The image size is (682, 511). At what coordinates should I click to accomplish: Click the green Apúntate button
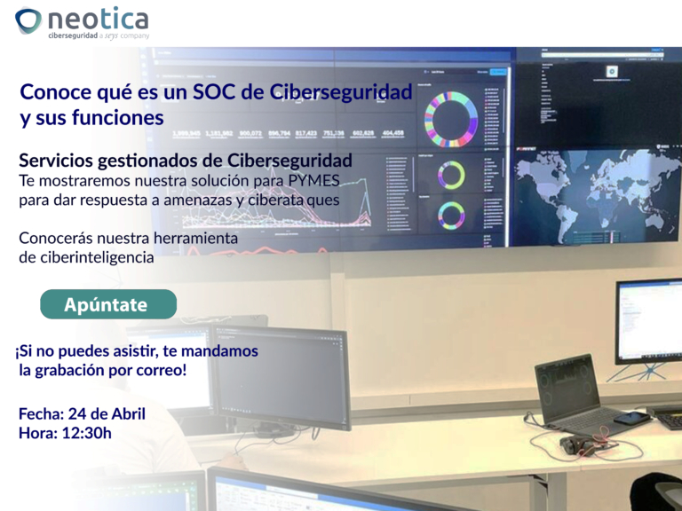click(x=107, y=304)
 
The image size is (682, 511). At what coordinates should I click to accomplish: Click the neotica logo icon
click(x=29, y=20)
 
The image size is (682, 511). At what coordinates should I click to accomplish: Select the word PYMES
click(x=313, y=181)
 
